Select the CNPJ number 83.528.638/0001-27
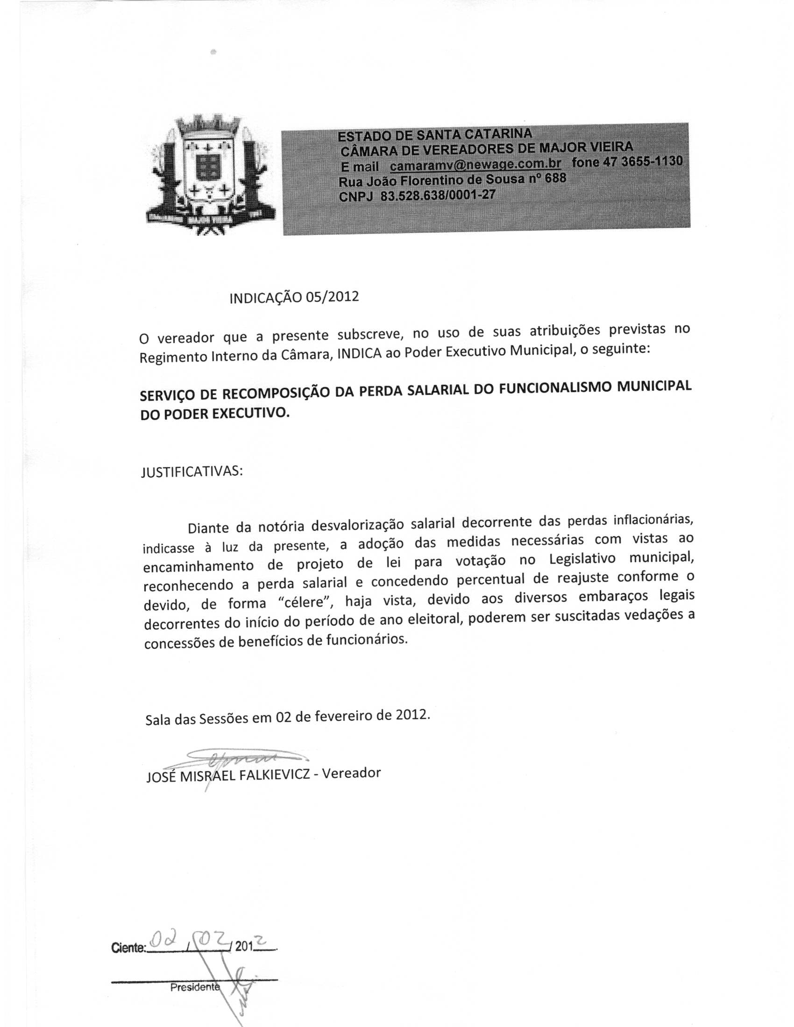point(438,195)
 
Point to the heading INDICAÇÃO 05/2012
point(294,298)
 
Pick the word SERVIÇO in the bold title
point(178,395)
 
